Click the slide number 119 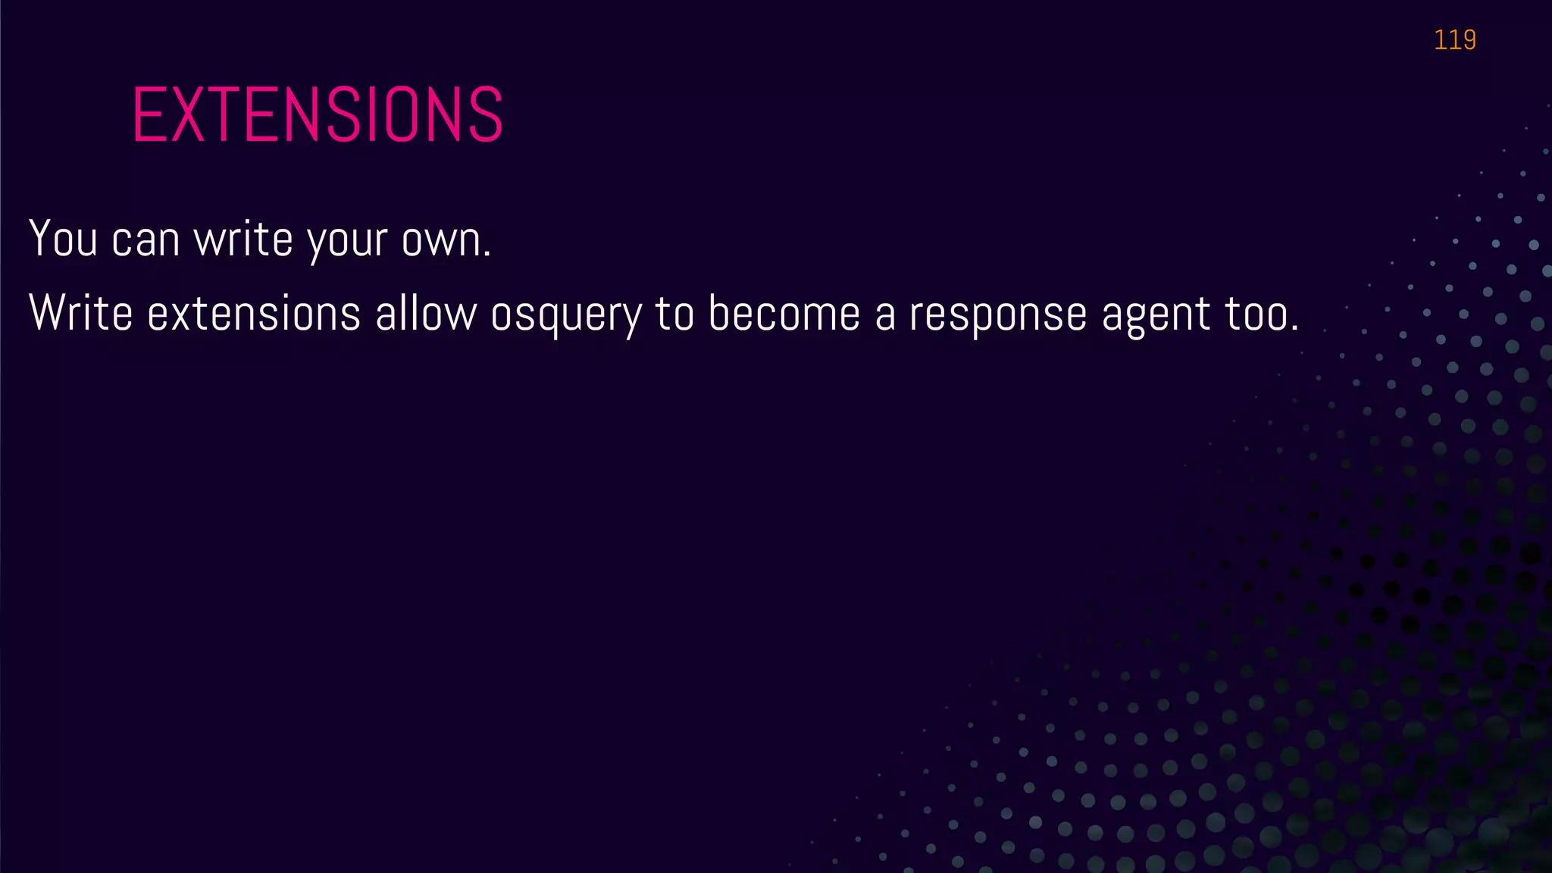1454,39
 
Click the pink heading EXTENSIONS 318,114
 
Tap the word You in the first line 64,239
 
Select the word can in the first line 145,240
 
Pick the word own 446,240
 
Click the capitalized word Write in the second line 80,313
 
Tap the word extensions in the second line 253,314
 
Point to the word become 784,313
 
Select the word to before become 674,314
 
